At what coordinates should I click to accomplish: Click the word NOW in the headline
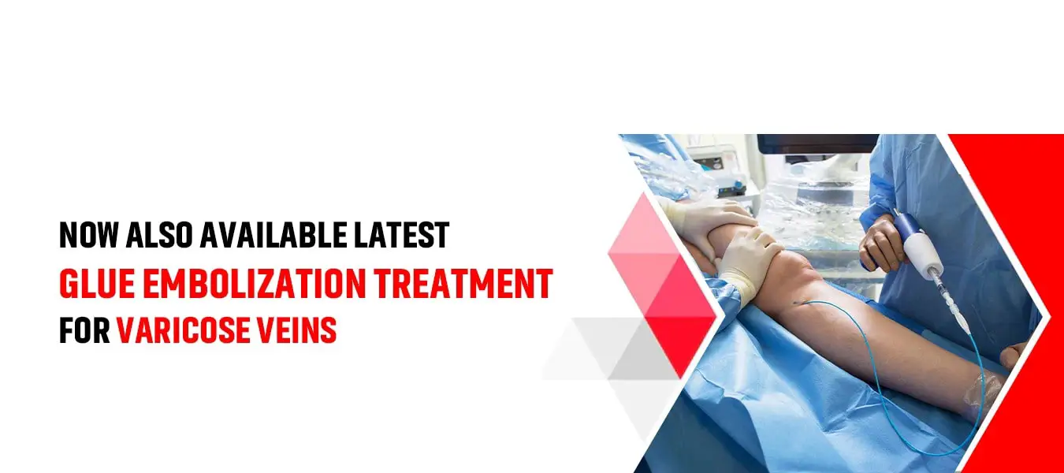pos(89,235)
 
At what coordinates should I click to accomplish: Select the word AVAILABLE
pos(273,235)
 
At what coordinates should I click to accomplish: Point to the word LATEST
pos(402,235)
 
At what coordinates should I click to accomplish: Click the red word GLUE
pos(97,284)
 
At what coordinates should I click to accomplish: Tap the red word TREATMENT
pos(463,284)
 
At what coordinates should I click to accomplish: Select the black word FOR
pos(84,330)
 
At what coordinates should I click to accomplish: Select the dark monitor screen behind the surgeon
pos(817,143)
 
